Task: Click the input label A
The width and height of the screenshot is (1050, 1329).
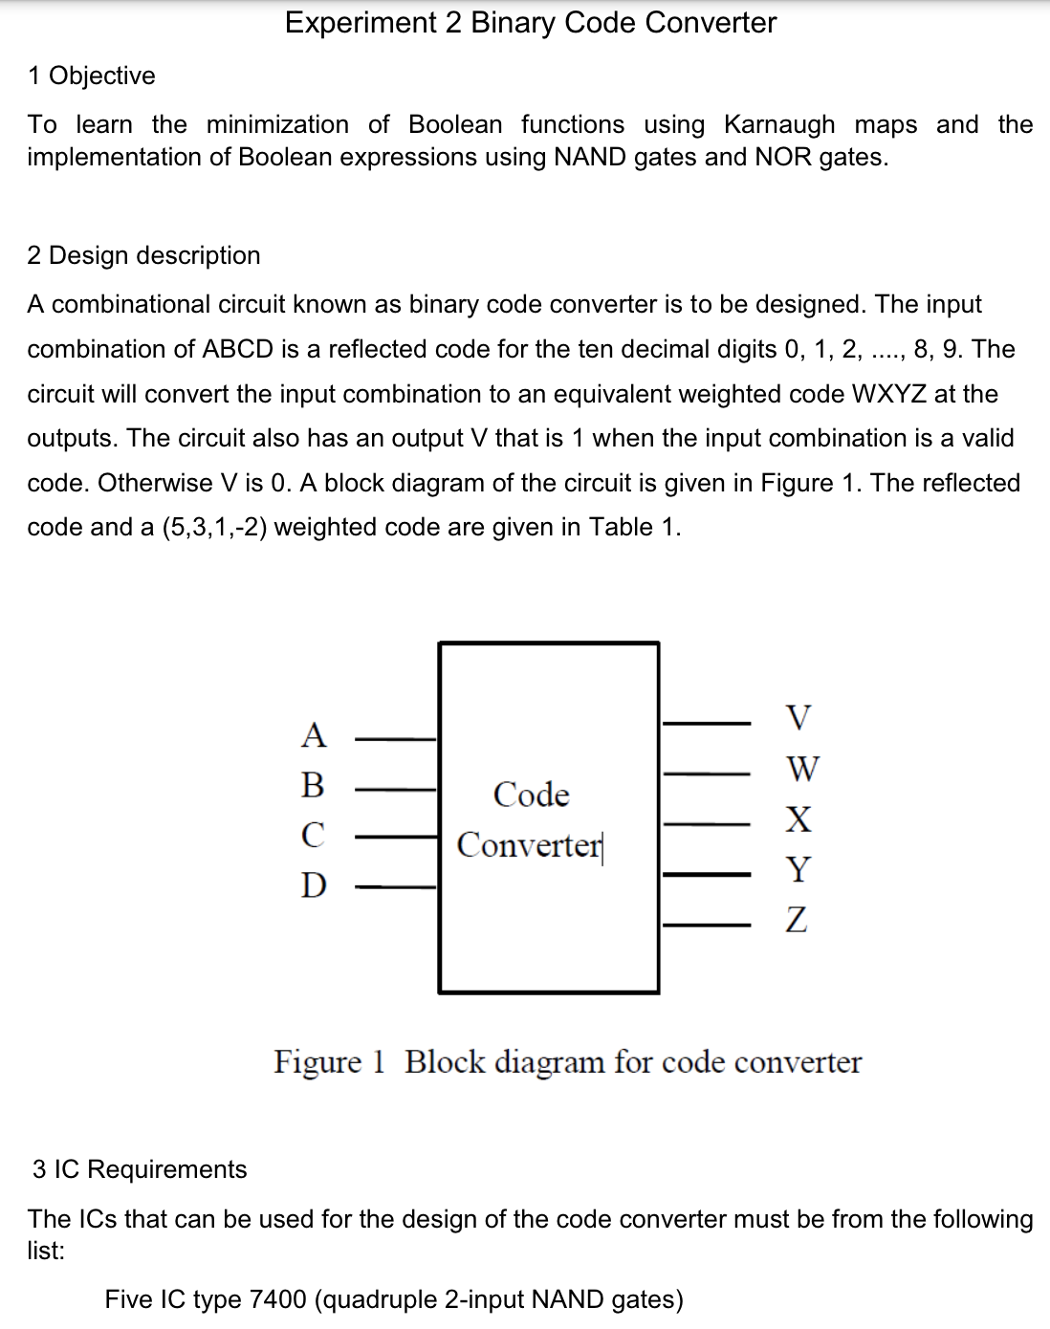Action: (314, 735)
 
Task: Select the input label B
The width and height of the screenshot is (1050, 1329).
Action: (313, 785)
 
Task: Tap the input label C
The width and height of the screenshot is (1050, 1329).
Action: (313, 835)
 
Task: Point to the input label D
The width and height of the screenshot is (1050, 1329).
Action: (314, 885)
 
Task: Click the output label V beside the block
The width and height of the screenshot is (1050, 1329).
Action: (798, 717)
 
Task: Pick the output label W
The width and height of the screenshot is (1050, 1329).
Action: (801, 768)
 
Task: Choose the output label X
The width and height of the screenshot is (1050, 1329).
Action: (798, 818)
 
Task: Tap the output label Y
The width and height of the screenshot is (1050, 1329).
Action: (798, 869)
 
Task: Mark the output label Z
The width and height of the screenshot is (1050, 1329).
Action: (797, 920)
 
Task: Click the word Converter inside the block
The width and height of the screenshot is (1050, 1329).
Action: (530, 845)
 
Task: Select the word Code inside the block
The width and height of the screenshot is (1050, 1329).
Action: (531, 795)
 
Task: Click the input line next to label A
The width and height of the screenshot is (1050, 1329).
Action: (396, 739)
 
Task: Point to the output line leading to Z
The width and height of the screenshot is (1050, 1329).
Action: (707, 925)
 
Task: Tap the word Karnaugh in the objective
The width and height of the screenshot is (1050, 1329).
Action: (778, 125)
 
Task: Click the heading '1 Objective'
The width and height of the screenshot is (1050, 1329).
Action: (92, 76)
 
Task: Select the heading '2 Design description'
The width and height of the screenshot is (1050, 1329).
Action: (143, 255)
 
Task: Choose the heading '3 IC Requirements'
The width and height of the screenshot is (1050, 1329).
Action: (140, 1169)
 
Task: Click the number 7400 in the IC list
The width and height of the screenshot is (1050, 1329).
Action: (277, 1299)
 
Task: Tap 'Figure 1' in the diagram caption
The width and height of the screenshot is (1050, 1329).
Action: (328, 1062)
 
